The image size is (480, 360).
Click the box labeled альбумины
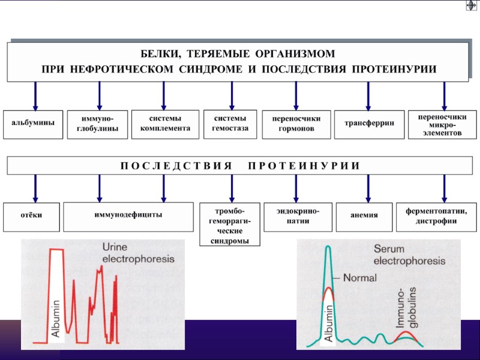point(33,124)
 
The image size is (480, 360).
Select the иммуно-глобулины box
point(97,124)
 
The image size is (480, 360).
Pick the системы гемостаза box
point(230,123)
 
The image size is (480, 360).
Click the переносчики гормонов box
point(296,124)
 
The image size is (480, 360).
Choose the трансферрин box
point(369,124)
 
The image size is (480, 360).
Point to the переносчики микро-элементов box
point(445,124)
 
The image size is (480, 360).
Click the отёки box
point(33,215)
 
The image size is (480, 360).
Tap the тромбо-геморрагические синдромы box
point(230,224)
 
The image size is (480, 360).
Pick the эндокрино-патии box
point(297,216)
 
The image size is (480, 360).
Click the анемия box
point(364,215)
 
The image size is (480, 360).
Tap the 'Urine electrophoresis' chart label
point(137,253)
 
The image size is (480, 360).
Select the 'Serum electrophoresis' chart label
point(409,256)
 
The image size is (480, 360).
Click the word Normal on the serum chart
point(361,278)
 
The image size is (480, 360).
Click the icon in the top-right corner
point(471,6)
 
